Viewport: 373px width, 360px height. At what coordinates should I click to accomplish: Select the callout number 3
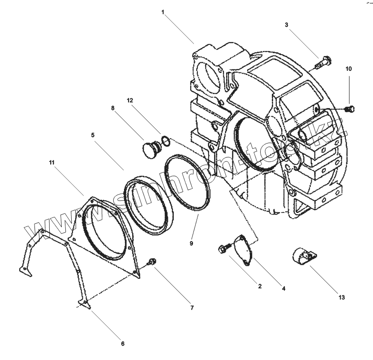[286, 25]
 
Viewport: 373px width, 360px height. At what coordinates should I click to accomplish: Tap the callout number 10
[348, 69]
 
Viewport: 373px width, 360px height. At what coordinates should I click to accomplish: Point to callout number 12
[130, 101]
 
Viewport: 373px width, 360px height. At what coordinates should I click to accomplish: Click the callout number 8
[112, 108]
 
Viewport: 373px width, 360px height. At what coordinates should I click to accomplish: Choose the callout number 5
[93, 134]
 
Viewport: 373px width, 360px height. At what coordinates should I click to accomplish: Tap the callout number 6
[122, 344]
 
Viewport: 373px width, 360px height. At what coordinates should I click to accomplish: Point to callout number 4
[283, 289]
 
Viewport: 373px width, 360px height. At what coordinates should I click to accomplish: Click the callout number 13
[342, 297]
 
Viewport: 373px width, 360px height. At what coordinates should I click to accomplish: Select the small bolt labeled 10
[351, 108]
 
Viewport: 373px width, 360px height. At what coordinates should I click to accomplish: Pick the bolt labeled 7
[152, 261]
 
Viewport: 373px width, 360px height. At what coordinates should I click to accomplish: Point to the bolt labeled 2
[224, 248]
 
